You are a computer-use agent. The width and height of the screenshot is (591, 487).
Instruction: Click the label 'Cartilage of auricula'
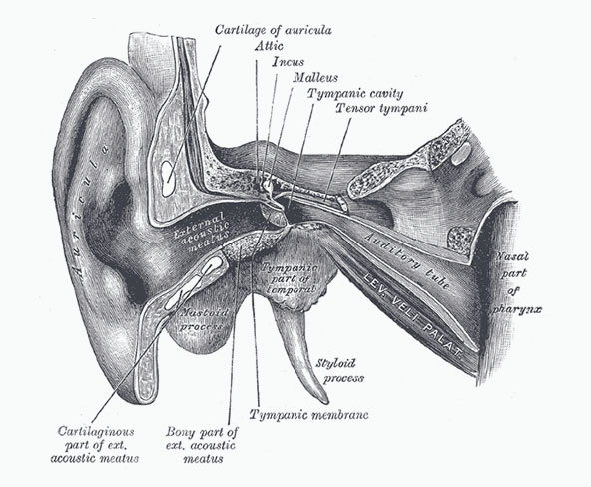click(x=274, y=30)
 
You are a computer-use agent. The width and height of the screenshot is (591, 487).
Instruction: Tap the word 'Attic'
click(x=269, y=46)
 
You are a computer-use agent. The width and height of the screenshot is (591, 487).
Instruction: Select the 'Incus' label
click(x=288, y=62)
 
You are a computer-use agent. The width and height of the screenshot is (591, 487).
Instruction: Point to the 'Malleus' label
click(x=315, y=77)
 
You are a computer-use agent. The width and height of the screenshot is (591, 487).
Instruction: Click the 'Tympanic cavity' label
click(x=355, y=93)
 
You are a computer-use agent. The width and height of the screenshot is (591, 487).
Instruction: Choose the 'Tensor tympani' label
click(x=381, y=108)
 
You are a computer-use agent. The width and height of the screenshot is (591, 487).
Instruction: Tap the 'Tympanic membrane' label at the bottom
click(x=308, y=415)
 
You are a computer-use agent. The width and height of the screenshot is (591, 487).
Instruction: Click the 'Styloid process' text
click(x=339, y=371)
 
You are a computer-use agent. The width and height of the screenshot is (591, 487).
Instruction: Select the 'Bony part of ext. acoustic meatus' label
click(x=202, y=445)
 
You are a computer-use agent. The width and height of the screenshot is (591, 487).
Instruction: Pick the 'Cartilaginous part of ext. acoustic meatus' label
click(x=95, y=444)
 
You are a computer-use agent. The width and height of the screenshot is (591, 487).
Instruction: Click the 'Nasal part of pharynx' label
click(x=515, y=283)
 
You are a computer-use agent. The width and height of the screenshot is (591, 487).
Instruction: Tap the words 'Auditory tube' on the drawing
click(x=408, y=259)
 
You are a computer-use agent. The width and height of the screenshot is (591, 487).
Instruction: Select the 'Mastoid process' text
click(x=202, y=319)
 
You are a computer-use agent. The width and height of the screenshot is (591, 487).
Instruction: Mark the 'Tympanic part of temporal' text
click(x=289, y=278)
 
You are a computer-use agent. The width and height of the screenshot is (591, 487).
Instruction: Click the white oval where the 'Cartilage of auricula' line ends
click(x=166, y=177)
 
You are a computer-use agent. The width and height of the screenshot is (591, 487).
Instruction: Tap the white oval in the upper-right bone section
click(x=461, y=153)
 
